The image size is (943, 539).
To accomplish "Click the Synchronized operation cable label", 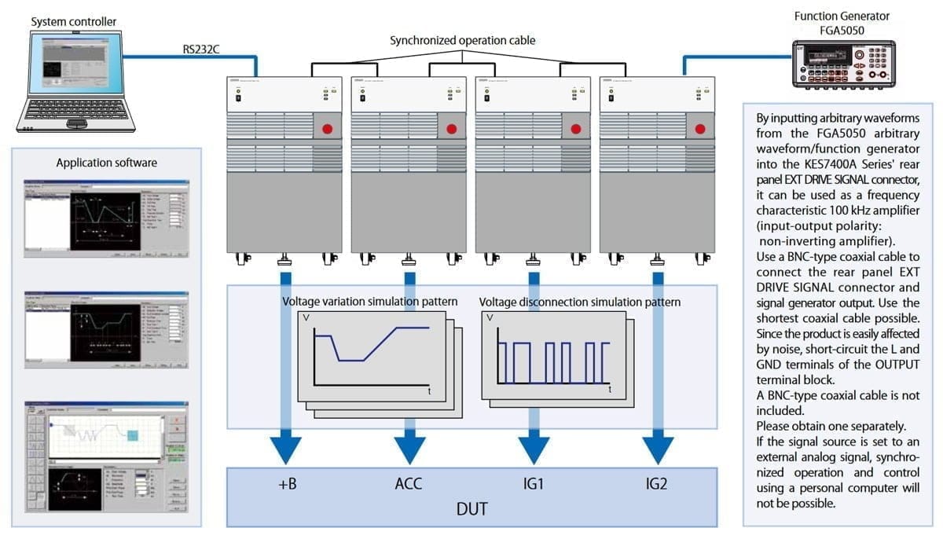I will click(x=463, y=39).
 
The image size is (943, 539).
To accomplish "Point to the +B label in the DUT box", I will click(x=288, y=484).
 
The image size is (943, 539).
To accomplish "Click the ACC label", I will click(x=408, y=484).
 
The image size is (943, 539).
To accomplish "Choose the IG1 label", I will click(x=532, y=484).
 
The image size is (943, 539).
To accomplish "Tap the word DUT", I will click(x=471, y=508).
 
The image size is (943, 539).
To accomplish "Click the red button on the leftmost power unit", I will click(x=325, y=129).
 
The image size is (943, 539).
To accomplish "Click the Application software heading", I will click(x=106, y=163).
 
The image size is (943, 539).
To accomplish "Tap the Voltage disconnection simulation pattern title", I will click(x=580, y=302).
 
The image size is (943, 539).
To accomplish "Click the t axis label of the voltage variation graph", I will click(x=429, y=390).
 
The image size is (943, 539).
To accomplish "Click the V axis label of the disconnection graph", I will click(x=490, y=319).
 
